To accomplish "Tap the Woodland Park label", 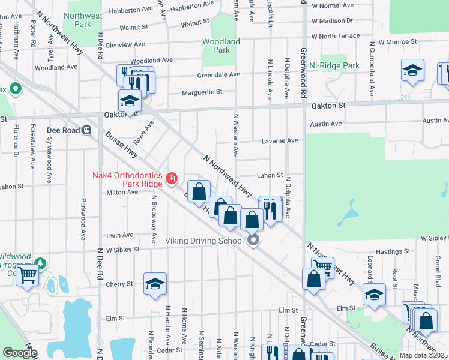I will [x=221, y=46].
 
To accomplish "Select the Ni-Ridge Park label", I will [x=334, y=65].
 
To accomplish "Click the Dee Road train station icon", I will [x=87, y=130].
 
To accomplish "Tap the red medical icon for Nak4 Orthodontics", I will [x=172, y=178].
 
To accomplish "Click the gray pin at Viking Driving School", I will [x=253, y=241].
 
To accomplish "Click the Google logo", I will [x=20, y=353].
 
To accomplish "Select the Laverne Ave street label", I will [x=279, y=141].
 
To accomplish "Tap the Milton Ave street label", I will [x=123, y=192].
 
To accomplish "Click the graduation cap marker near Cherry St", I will [x=155, y=284].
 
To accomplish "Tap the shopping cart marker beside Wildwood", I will [x=28, y=275].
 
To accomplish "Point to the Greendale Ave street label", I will [x=218, y=75].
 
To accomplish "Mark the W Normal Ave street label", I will [x=333, y=5].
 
